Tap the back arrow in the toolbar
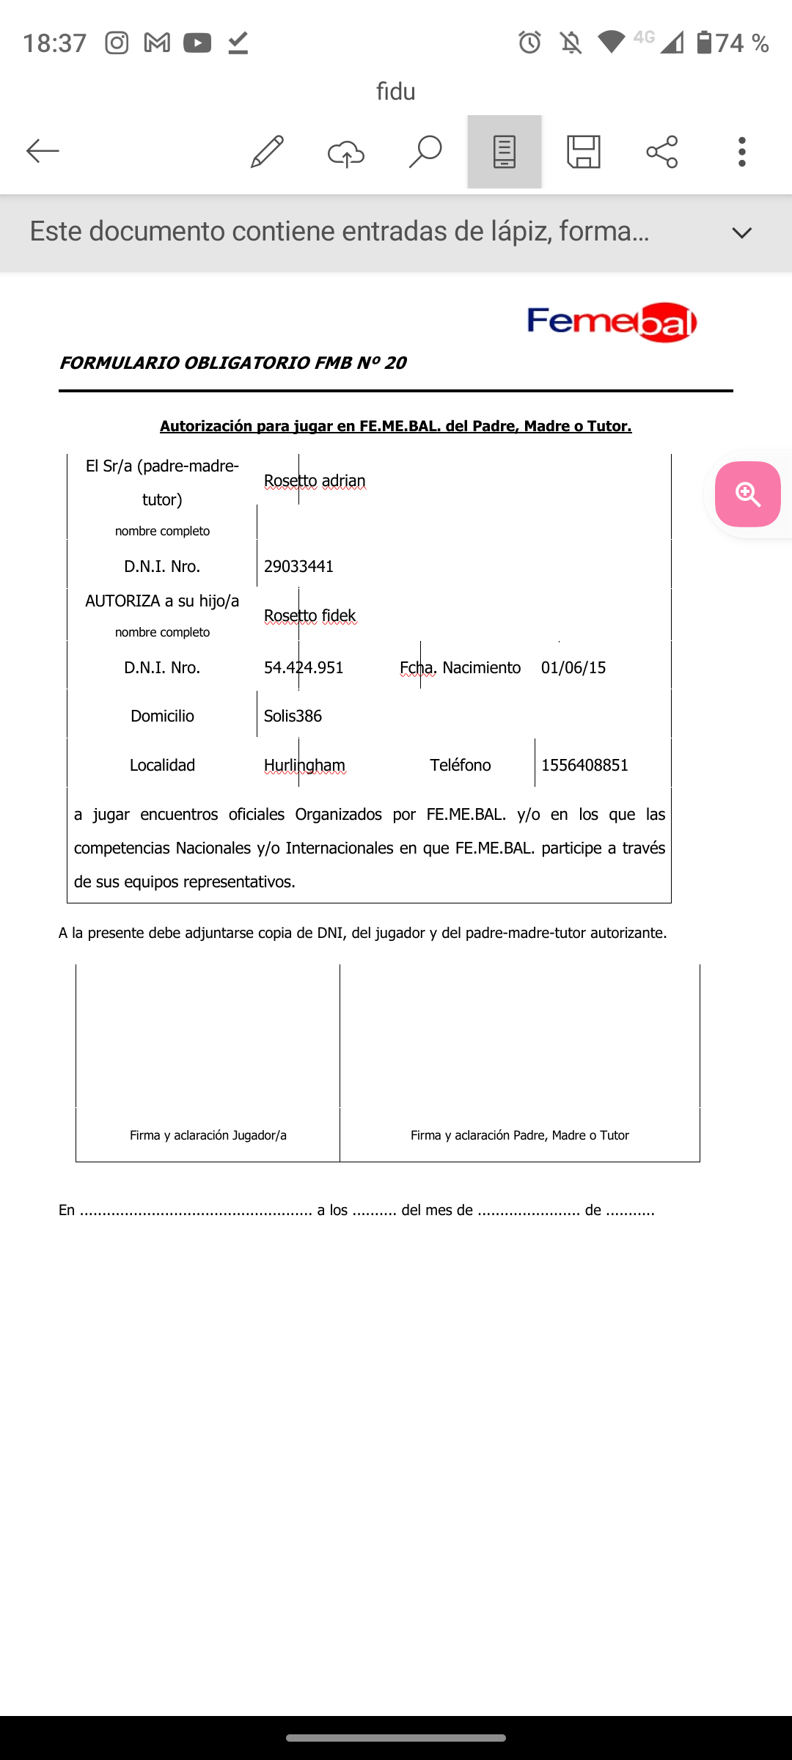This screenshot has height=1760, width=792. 43,152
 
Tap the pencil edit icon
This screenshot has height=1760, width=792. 267,152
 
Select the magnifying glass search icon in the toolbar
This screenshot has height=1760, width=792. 425,152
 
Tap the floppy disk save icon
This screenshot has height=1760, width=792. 584,152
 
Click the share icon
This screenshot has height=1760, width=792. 662,152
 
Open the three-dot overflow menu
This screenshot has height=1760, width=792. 742,152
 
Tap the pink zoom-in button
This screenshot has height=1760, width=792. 747,494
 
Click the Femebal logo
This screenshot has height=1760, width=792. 612,322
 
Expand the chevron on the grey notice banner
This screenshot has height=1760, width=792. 742,233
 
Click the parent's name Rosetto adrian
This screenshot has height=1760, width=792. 315,481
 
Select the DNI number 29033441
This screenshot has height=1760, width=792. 298,566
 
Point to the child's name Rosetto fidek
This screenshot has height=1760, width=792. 309,616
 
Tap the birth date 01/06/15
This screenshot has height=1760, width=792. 573,667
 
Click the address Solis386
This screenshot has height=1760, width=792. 293,716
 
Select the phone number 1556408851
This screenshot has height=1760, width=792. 584,765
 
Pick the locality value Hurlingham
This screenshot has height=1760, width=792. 304,765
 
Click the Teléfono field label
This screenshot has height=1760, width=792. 460,765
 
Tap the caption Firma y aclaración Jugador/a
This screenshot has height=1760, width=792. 208,1135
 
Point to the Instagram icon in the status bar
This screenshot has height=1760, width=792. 117,43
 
